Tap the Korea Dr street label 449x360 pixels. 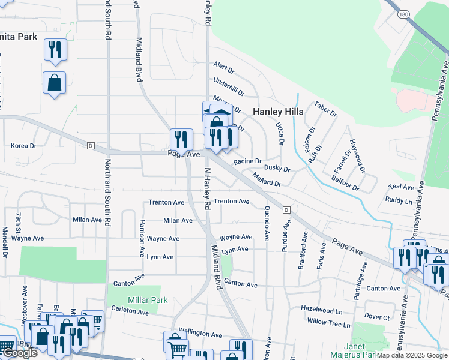(24, 146)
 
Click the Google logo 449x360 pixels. (19, 353)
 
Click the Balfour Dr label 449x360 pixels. (347, 184)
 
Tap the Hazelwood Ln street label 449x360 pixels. (322, 311)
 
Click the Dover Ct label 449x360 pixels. (377, 316)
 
